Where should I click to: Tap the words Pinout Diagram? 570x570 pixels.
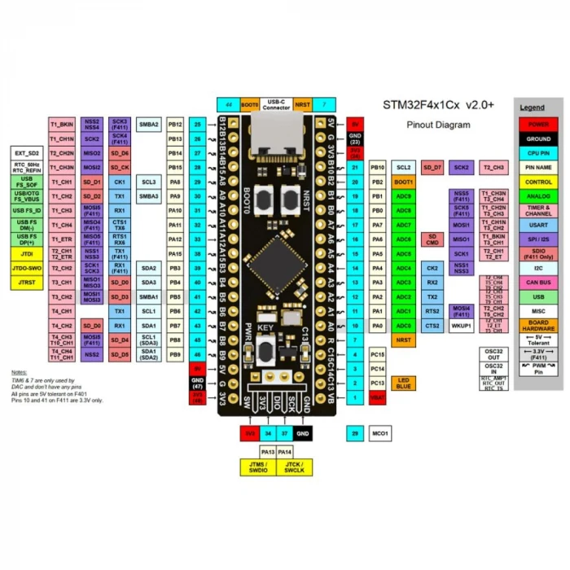coord(438,125)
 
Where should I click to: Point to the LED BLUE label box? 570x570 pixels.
coord(405,383)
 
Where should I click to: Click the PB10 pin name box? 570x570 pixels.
coord(377,167)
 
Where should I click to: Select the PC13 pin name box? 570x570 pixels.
coord(377,383)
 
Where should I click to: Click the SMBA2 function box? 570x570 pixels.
coord(149,125)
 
